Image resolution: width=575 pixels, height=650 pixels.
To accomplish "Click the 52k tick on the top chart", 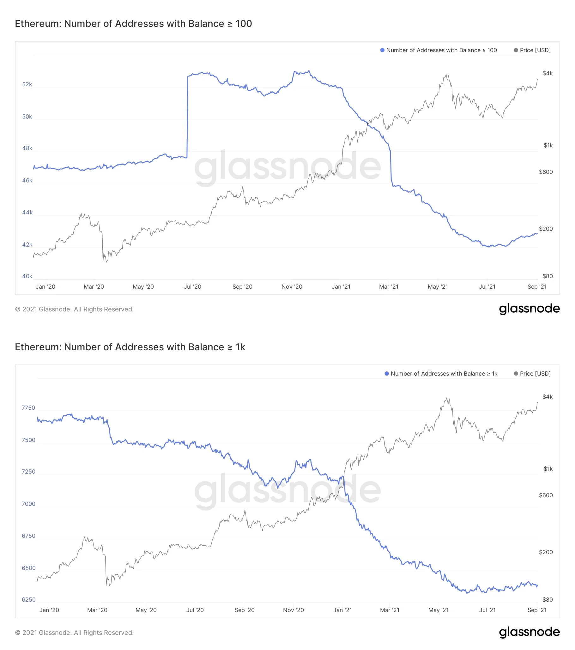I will (x=27, y=84).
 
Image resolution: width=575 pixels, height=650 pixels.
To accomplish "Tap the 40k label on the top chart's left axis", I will (x=27, y=276).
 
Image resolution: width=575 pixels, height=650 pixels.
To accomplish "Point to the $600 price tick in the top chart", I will (x=545, y=172).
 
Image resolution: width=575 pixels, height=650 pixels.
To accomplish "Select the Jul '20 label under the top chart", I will (x=192, y=286).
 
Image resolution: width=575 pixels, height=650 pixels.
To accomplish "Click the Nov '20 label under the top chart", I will (x=292, y=286).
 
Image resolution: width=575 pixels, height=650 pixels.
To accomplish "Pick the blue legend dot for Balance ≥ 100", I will (x=382, y=50).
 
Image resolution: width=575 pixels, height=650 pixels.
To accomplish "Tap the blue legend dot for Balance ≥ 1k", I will (x=386, y=374).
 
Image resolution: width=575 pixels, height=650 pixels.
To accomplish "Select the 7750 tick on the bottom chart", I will (x=28, y=408).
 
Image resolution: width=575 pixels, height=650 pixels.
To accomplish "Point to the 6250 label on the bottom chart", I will (x=28, y=599).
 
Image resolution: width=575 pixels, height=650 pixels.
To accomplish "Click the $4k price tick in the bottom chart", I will (x=547, y=396).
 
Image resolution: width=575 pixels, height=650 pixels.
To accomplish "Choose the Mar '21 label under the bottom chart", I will (x=389, y=610).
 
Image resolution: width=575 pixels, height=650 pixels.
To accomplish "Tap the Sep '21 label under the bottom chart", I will (x=537, y=610).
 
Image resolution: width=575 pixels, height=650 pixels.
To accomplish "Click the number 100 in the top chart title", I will (x=244, y=23).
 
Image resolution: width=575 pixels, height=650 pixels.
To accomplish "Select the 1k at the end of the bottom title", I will (x=240, y=347).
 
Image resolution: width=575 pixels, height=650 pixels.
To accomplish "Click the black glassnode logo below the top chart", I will (x=529, y=309).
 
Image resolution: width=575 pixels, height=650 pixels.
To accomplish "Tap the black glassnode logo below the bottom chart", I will (x=529, y=632).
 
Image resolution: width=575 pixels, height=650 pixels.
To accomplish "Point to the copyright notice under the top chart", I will (x=74, y=309).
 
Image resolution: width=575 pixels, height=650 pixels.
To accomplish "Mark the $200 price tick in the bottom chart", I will (x=545, y=552).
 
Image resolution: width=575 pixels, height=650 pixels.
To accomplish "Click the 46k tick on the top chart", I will (x=27, y=180).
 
